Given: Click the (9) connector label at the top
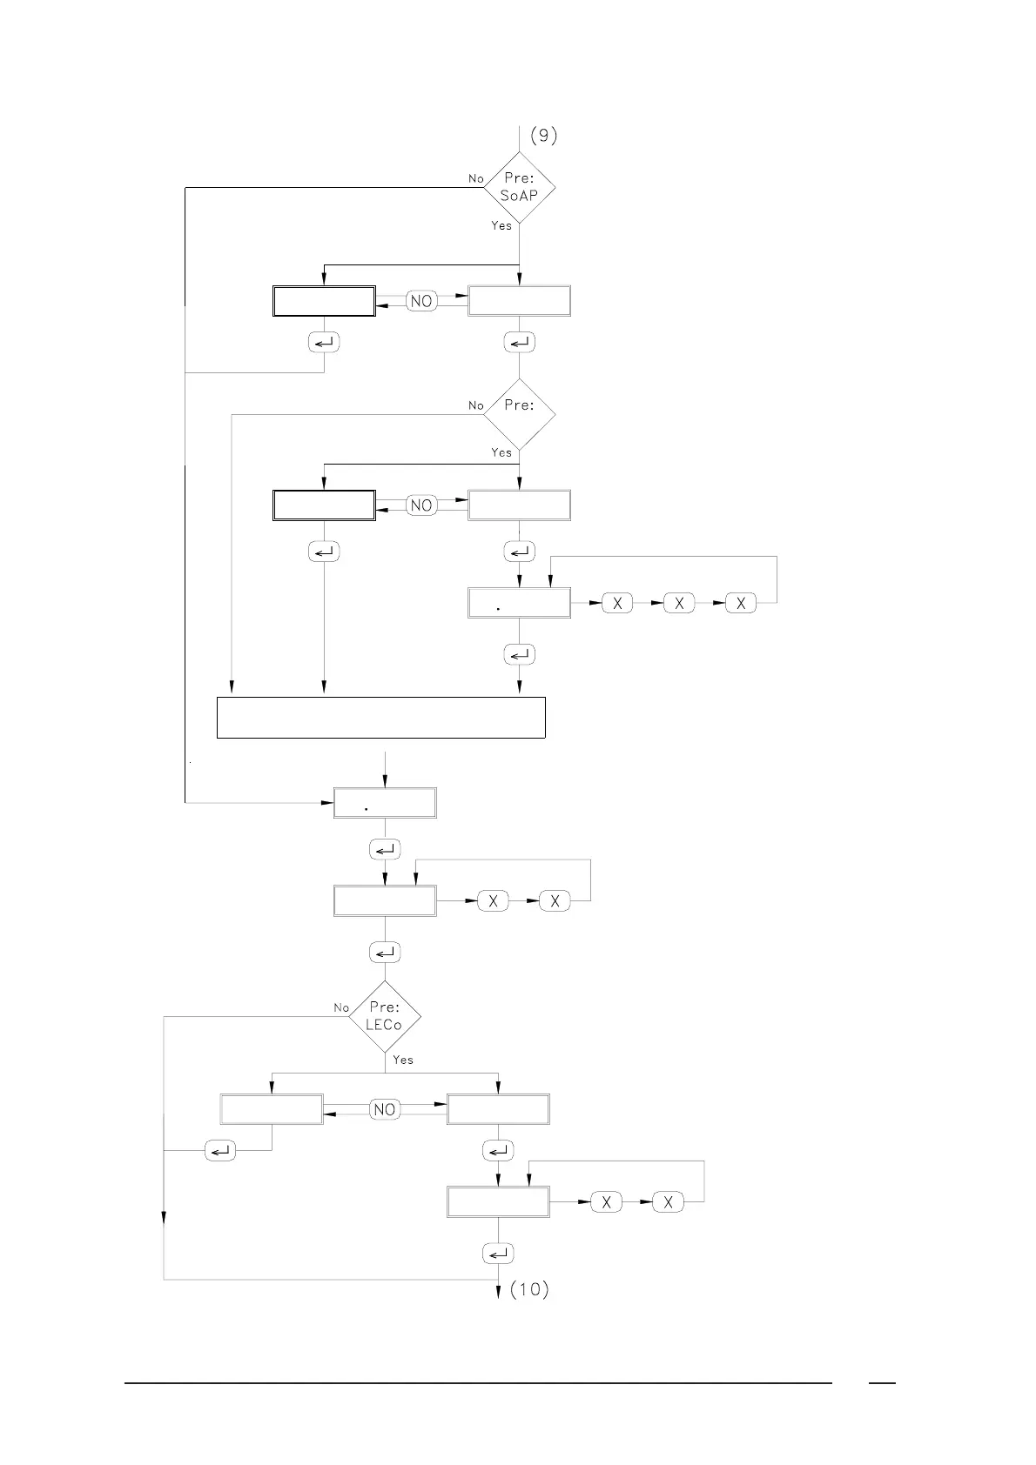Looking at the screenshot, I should point(543,135).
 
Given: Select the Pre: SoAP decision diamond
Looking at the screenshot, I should point(519,188).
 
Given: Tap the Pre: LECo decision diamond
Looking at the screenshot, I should point(385,1016).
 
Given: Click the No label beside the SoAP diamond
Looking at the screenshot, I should point(475,178).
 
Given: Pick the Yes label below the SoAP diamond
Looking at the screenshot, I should point(501,225).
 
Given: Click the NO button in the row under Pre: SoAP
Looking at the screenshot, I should point(421,301).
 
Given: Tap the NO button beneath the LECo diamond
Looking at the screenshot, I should point(384,1109).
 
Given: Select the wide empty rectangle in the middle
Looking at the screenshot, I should point(380,717).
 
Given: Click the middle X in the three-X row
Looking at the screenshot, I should point(679,603).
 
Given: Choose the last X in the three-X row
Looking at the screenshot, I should point(741,603).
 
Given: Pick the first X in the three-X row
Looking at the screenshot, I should point(617,603).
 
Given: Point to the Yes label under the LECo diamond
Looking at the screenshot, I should point(403,1060).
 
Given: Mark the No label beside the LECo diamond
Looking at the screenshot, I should point(341,1007).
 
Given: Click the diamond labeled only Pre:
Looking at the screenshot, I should point(519,414).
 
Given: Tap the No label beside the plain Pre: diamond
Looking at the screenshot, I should point(475,405).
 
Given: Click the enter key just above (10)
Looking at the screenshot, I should point(498,1254).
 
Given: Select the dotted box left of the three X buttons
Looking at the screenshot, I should point(519,603).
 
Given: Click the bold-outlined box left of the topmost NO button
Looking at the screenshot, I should point(324,301).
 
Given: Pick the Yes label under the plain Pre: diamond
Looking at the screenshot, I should point(501,452).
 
